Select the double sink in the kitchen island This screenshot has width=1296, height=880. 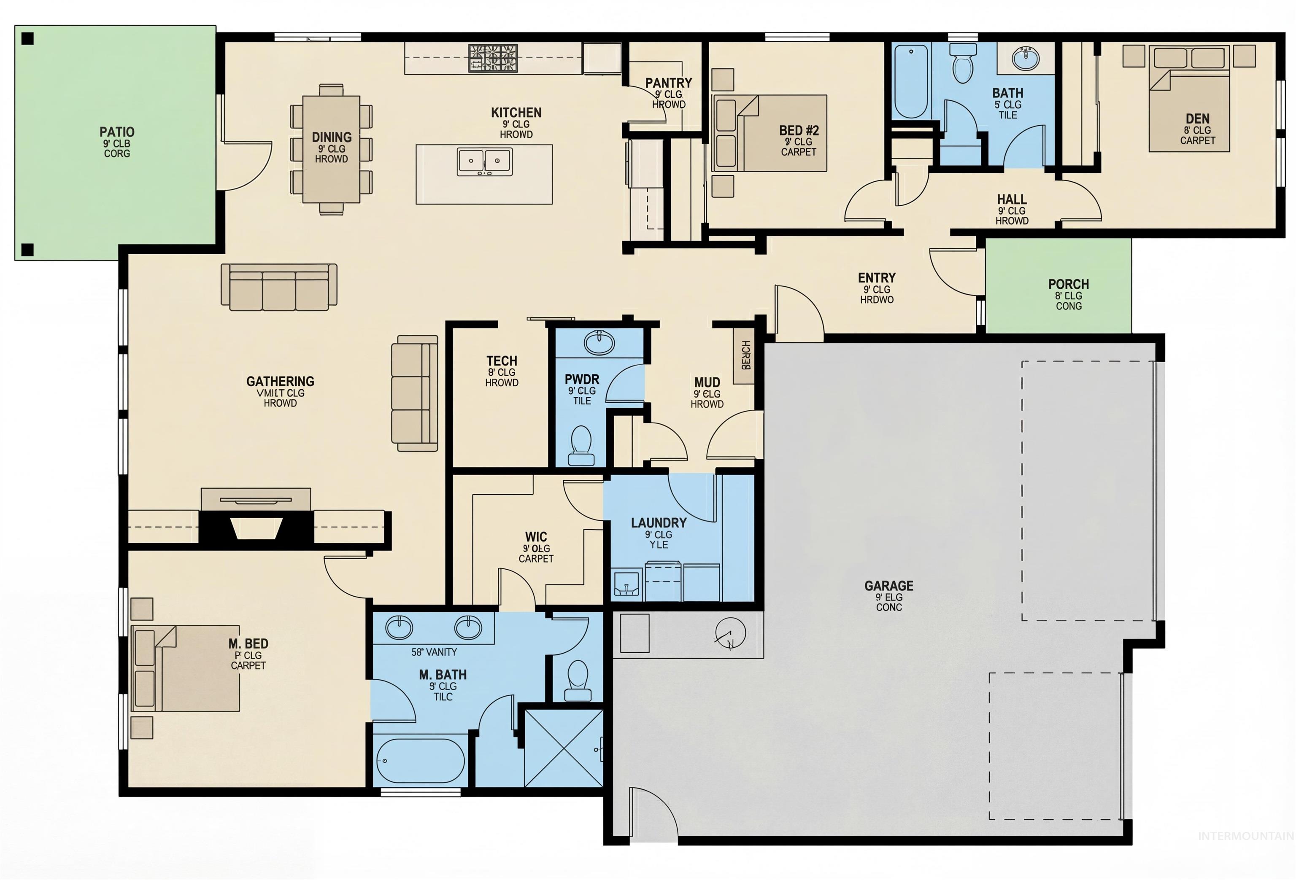click(484, 161)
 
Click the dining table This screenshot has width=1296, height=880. click(331, 149)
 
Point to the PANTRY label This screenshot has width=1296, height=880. click(668, 83)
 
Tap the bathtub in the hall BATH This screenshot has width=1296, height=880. click(911, 81)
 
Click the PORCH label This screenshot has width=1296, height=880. click(1068, 284)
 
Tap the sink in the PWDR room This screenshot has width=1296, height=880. click(599, 341)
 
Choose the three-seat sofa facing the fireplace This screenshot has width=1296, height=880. click(279, 287)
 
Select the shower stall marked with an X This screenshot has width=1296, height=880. click(563, 747)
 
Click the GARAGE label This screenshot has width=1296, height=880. click(888, 586)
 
